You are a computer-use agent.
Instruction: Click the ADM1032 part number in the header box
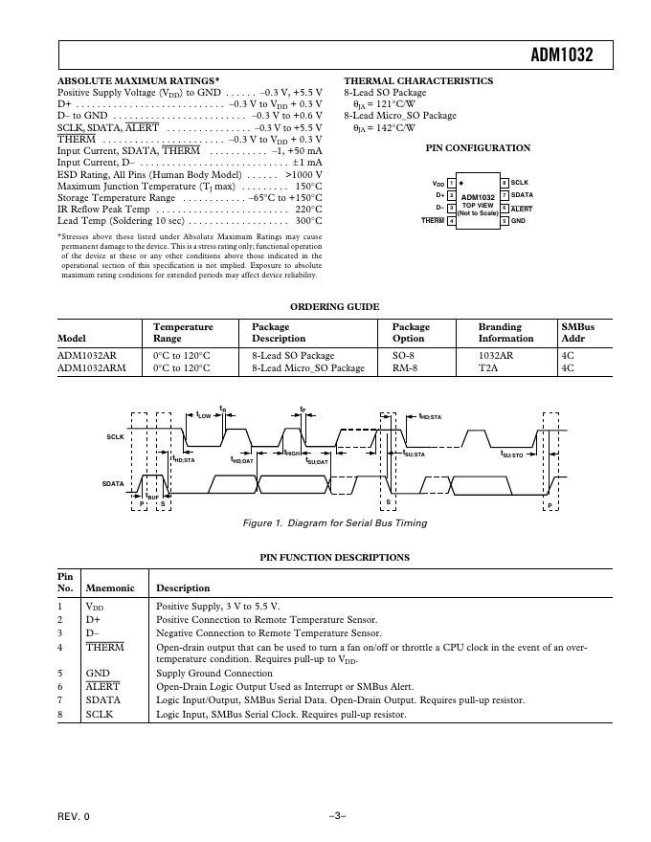tap(561, 55)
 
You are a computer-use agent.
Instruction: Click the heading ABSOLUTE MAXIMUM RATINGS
tap(139, 81)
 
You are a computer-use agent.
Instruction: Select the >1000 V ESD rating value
tap(304, 174)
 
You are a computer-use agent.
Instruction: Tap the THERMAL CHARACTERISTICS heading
tap(418, 81)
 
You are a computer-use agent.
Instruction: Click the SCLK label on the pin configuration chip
tap(520, 182)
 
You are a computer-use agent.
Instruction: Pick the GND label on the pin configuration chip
tap(518, 221)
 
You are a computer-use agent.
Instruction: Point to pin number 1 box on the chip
tap(451, 183)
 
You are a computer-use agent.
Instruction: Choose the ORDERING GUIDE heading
tap(334, 307)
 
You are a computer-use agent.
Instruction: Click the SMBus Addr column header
tap(577, 333)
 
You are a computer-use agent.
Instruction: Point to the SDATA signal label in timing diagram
tap(114, 484)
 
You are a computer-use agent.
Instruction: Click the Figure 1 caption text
tap(335, 523)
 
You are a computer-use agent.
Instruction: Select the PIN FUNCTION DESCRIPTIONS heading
tap(334, 557)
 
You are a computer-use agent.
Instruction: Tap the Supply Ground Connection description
tap(213, 674)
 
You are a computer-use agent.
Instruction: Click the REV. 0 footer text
tap(73, 816)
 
